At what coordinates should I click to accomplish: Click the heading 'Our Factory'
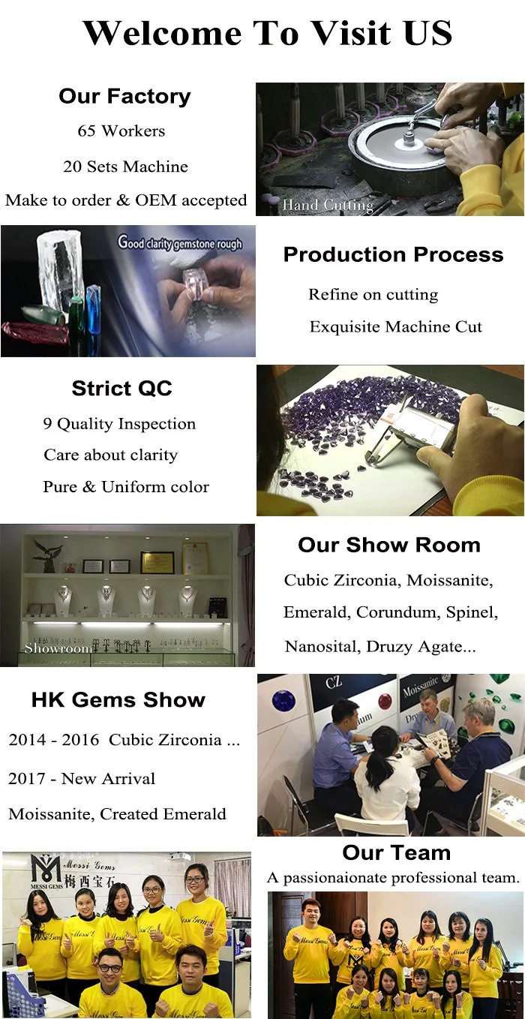point(124,97)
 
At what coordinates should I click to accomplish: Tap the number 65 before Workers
point(86,131)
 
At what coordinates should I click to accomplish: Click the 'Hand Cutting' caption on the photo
point(328,205)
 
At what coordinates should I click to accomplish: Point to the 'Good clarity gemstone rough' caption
point(180,242)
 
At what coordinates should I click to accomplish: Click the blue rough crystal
point(93,308)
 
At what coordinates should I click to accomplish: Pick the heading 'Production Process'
point(393,255)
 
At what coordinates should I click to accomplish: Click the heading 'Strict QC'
point(121,389)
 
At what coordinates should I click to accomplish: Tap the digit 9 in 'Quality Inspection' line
point(47,424)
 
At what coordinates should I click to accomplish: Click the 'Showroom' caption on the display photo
point(58,648)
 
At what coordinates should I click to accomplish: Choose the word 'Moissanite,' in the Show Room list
point(449,581)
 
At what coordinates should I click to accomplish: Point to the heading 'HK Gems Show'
point(118,700)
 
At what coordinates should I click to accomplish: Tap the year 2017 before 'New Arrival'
point(27,779)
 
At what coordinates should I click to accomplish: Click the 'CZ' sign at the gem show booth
point(333,683)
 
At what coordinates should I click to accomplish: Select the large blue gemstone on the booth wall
point(283,700)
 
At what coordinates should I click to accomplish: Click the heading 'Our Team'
point(396,852)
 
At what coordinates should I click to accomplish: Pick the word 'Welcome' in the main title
point(162,33)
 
